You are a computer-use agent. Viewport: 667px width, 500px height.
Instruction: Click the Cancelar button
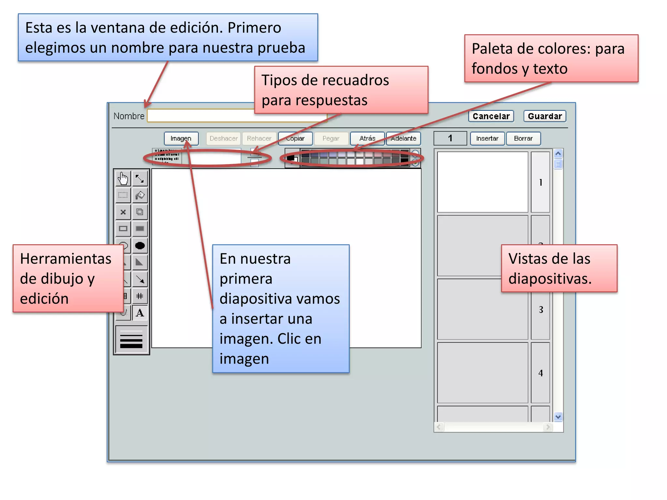(491, 116)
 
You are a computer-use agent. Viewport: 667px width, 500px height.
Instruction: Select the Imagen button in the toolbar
(181, 138)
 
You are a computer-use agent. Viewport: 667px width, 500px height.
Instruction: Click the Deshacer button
(223, 138)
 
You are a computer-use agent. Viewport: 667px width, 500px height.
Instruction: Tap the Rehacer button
(259, 138)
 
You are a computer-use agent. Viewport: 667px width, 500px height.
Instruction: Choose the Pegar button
(331, 138)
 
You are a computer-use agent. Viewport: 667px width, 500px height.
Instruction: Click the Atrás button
(367, 138)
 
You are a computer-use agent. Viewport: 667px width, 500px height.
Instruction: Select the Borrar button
(523, 138)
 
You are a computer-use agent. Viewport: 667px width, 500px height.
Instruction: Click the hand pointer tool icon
(123, 178)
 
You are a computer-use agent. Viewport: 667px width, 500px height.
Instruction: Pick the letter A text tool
(140, 313)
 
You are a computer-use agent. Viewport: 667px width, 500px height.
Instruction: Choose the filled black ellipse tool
(140, 245)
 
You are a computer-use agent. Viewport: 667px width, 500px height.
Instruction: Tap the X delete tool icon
(123, 212)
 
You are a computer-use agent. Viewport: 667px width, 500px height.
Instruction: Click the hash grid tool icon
(140, 296)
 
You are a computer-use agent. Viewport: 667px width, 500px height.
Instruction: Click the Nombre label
(129, 116)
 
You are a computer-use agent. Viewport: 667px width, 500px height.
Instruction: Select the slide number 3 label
(541, 310)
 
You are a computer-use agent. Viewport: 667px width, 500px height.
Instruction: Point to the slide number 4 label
(541, 373)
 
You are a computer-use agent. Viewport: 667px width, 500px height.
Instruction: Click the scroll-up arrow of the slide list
(558, 154)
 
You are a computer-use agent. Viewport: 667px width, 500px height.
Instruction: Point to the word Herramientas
(66, 259)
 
